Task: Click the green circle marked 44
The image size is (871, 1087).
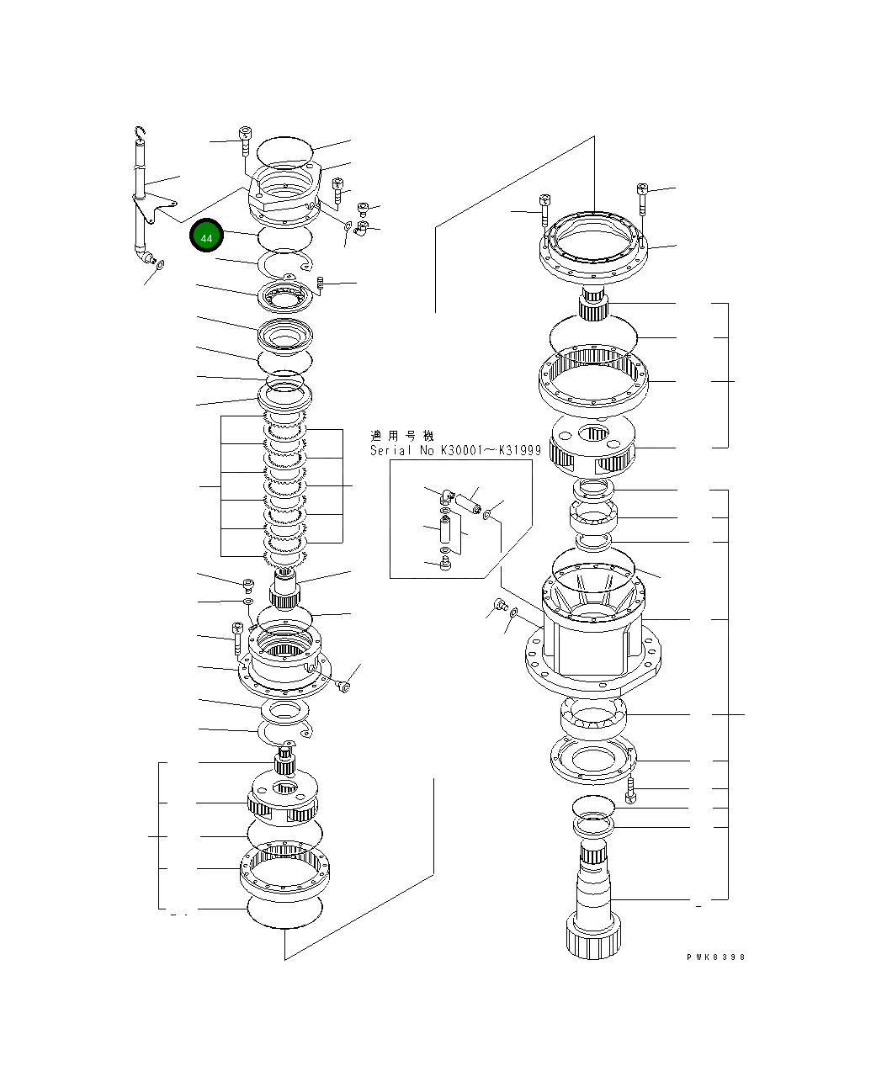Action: [206, 237]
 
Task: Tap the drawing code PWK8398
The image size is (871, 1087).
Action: [715, 957]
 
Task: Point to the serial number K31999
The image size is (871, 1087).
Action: [519, 451]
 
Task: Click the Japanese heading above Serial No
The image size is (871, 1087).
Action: [401, 436]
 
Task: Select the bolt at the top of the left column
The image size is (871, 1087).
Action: [245, 141]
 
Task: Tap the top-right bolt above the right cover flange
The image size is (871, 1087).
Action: [642, 196]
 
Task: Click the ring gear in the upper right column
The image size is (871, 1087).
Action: [593, 379]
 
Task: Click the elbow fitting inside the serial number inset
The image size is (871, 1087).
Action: [445, 497]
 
